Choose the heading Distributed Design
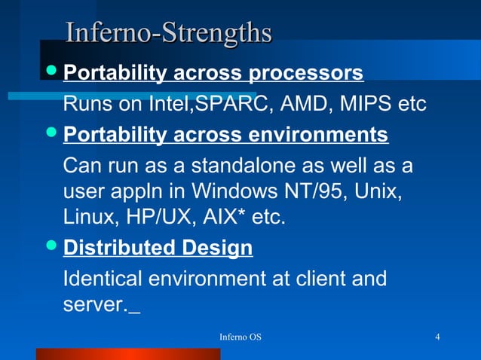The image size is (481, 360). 158,248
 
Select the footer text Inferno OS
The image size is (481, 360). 240,336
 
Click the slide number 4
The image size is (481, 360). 438,336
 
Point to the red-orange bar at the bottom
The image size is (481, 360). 128,354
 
